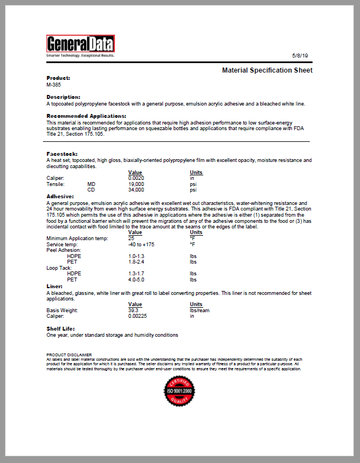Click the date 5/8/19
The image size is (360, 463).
tap(300, 56)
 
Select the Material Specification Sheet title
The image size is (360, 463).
tap(267, 70)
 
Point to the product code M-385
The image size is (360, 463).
tap(54, 85)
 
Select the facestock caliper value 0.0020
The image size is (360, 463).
tap(136, 178)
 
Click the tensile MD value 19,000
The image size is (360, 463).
tap(136, 184)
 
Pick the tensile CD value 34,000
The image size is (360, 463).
tap(136, 189)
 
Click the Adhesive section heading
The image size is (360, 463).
tap(60, 197)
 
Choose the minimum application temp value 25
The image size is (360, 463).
tap(132, 238)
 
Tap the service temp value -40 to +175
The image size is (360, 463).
tap(141, 244)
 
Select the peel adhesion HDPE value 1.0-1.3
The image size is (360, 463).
tap(136, 256)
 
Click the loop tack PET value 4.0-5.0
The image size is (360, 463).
tap(136, 279)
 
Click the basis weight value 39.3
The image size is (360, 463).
tap(133, 310)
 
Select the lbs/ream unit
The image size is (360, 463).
tap(199, 310)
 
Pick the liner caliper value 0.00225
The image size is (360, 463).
tap(138, 316)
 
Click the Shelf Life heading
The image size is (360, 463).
tap(60, 328)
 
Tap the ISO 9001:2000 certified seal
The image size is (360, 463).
tap(179, 393)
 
